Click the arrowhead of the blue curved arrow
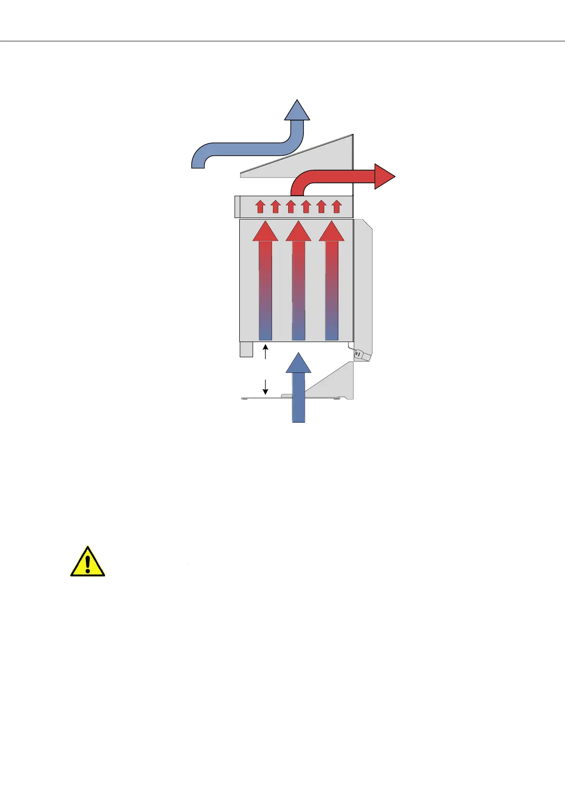point(297,111)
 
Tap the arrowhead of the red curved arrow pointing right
point(384,176)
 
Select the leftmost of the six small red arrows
point(260,207)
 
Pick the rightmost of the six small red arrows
point(336,207)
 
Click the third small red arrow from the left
point(291,207)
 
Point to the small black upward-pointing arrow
point(265,352)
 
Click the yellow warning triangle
point(87,562)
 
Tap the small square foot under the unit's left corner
point(246,349)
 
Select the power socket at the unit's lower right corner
point(359,354)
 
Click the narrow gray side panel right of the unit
point(363,285)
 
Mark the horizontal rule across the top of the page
point(282,41)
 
